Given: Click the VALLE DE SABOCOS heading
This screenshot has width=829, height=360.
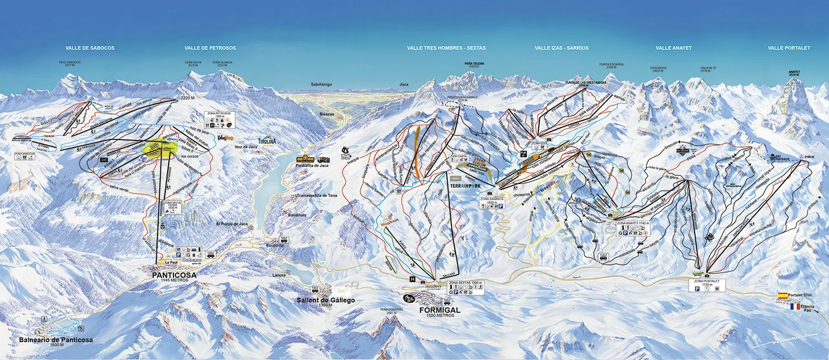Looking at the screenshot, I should pyautogui.click(x=90, y=48).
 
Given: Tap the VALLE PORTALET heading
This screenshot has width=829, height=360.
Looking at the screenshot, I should pyautogui.click(x=789, y=48).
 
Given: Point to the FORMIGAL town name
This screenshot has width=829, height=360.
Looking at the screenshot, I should pyautogui.click(x=439, y=310).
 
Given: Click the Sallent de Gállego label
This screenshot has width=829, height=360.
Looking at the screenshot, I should pyautogui.click(x=326, y=300).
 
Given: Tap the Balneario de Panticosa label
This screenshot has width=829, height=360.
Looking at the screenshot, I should pyautogui.click(x=55, y=340).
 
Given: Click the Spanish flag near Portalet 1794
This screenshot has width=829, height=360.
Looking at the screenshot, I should pyautogui.click(x=783, y=296).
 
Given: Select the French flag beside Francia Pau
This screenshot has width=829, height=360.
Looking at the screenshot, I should pyautogui.click(x=795, y=306).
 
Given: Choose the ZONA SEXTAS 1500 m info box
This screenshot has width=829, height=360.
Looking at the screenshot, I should pyautogui.click(x=465, y=287).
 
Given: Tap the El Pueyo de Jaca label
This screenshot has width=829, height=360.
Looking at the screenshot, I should pyautogui.click(x=232, y=224).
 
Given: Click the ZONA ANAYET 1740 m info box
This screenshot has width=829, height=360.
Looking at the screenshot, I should pyautogui.click(x=631, y=229).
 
